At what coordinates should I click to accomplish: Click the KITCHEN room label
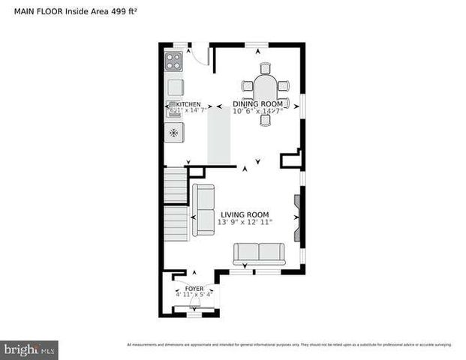click(x=188, y=103)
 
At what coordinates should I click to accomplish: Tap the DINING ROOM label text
click(x=257, y=103)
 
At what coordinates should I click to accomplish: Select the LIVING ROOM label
click(x=245, y=214)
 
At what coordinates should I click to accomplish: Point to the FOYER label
click(x=194, y=288)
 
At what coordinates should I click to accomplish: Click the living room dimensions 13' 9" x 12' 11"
click(x=245, y=223)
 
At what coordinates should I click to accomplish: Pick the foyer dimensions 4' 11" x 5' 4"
click(x=194, y=295)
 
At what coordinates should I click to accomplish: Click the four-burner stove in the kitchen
click(x=174, y=60)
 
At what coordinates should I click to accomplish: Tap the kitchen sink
click(x=175, y=109)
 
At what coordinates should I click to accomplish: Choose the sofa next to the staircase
click(x=203, y=209)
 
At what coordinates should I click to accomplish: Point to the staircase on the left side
click(x=176, y=202)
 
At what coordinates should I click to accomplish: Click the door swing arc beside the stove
click(x=198, y=54)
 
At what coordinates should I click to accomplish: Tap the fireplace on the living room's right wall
click(x=297, y=217)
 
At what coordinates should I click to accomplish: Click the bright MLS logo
click(x=30, y=349)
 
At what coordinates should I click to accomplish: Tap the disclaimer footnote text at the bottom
click(x=289, y=345)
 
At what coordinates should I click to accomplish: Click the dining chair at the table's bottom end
click(x=265, y=120)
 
